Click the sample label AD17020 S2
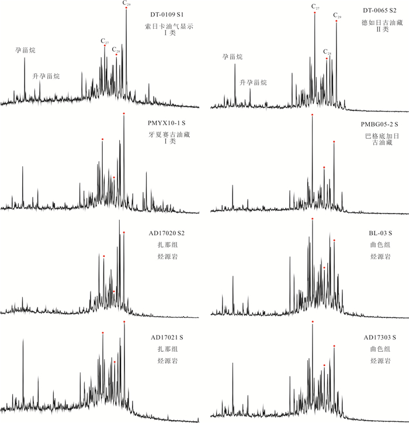[168, 233]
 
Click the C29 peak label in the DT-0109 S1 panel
[126, 4]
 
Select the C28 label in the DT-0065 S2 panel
[327, 53]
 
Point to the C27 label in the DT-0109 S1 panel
[105, 41]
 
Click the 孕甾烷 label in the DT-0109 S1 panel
[25, 51]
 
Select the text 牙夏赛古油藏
[168, 135]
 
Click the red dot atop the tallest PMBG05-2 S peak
[313, 115]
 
